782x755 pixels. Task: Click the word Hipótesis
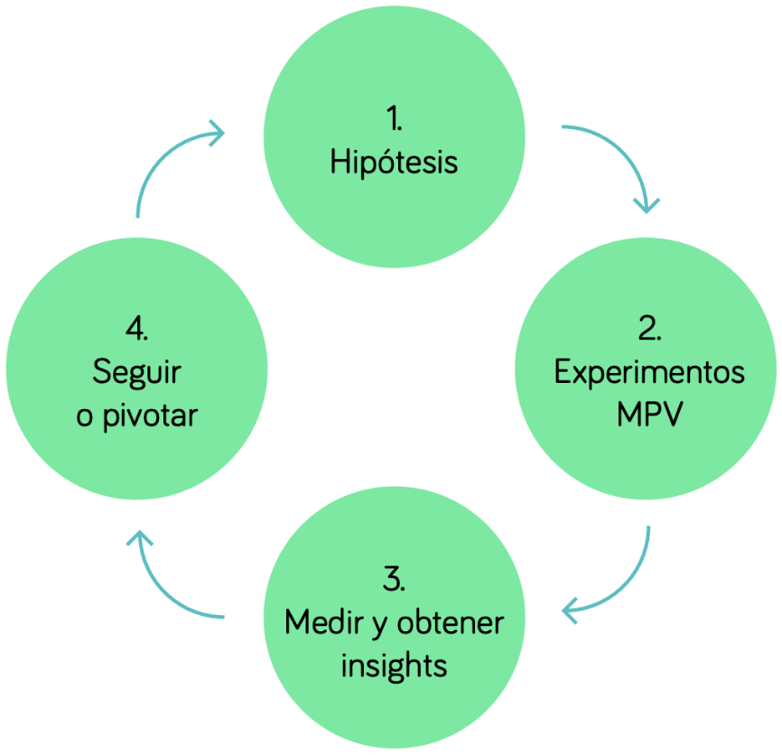click(x=394, y=163)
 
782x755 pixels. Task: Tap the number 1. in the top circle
click(x=394, y=118)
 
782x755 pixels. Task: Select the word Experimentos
click(x=649, y=372)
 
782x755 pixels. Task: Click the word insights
click(x=394, y=666)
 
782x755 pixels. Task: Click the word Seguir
click(x=136, y=372)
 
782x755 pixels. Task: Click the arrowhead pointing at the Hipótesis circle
click(x=217, y=135)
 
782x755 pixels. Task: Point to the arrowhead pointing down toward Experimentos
click(x=647, y=204)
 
